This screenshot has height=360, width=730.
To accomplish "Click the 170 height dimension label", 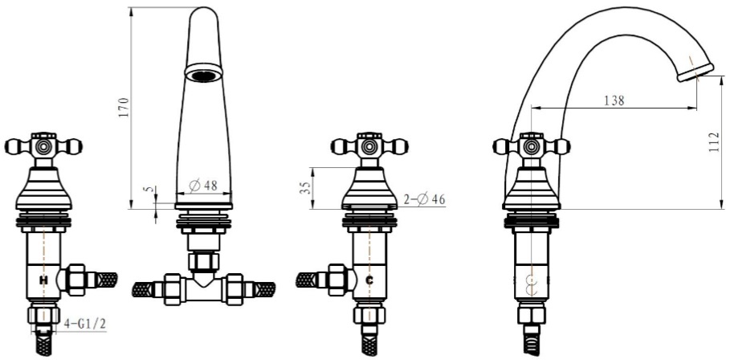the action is point(124,107).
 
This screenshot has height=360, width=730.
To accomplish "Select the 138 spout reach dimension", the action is point(614,100).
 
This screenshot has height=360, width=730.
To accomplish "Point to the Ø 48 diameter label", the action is point(203,186).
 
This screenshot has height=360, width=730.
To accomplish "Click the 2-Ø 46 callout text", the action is point(424,200).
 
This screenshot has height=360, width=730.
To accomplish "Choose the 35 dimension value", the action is point(305,188).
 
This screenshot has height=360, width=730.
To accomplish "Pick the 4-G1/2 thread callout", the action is point(85,324).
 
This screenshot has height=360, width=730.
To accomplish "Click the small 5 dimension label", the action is point(149,190).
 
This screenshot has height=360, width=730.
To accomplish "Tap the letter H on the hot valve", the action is point(43,280).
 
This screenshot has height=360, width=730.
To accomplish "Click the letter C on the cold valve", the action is point(369,280).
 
